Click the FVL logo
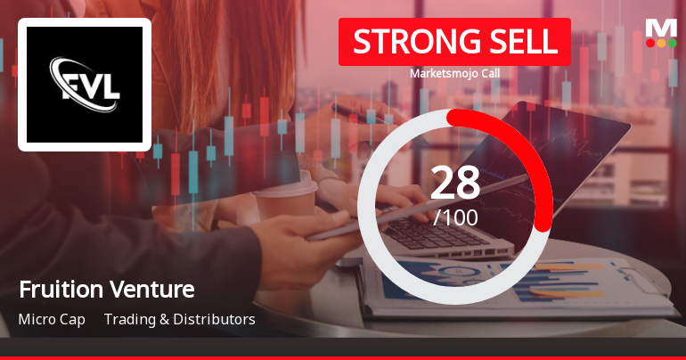[x=85, y=85]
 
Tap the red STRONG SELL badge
[x=454, y=42]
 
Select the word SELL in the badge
[x=522, y=42]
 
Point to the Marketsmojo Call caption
[x=454, y=73]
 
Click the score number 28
[x=454, y=183]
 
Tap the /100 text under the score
[x=454, y=217]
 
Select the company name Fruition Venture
[x=106, y=290]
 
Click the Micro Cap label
[x=52, y=319]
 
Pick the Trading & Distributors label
[x=180, y=319]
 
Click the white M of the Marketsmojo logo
[x=661, y=27]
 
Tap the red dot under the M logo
[x=650, y=43]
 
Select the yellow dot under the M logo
[x=661, y=43]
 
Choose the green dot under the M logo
[x=672, y=43]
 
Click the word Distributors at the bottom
[x=216, y=319]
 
